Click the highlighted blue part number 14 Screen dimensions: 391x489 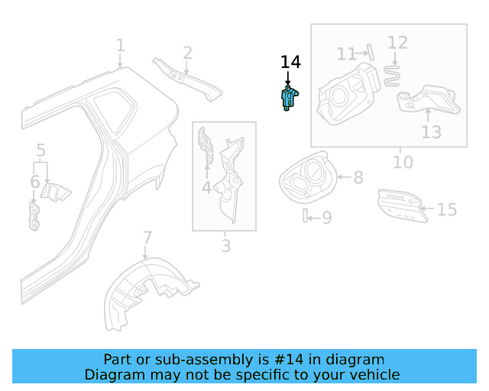(288, 99)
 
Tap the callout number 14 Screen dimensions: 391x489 (290, 62)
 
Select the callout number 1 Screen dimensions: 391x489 (120, 46)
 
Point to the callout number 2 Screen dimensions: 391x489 (187, 53)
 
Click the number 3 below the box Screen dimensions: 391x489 (225, 245)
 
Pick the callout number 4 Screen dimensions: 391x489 (206, 187)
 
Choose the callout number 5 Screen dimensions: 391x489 (41, 150)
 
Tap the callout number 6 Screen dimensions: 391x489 (35, 182)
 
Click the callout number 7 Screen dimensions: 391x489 (147, 238)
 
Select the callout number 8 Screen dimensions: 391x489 (358, 177)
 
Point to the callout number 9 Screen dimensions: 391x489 (327, 218)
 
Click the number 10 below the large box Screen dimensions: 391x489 (403, 162)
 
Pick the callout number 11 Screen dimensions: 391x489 (347, 53)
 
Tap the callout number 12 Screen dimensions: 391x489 (398, 42)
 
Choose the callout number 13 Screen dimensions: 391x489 (432, 132)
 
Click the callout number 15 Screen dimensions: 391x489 (447, 208)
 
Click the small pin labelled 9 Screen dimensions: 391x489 (306, 217)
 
